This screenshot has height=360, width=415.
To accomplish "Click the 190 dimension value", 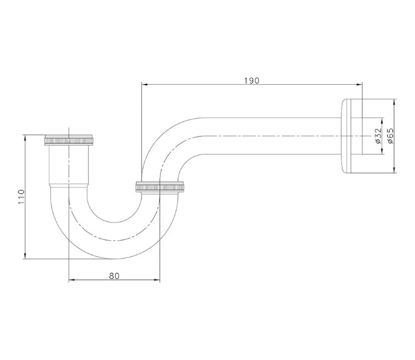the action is (x=252, y=80).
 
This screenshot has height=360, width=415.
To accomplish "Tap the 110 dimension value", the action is (x=21, y=197).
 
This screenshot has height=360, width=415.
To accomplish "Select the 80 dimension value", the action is (x=115, y=276).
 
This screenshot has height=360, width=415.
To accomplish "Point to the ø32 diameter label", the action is (x=378, y=136).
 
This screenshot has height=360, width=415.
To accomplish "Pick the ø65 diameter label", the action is (x=391, y=136).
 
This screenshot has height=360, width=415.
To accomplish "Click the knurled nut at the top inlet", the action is (x=69, y=140).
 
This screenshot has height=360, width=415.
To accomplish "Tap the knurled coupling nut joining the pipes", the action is (x=159, y=187).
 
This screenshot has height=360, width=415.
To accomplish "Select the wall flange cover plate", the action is (x=351, y=136).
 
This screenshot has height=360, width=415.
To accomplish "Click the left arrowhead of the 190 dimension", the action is (x=144, y=85).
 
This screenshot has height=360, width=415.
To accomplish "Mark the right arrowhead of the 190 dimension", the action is (x=359, y=85).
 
